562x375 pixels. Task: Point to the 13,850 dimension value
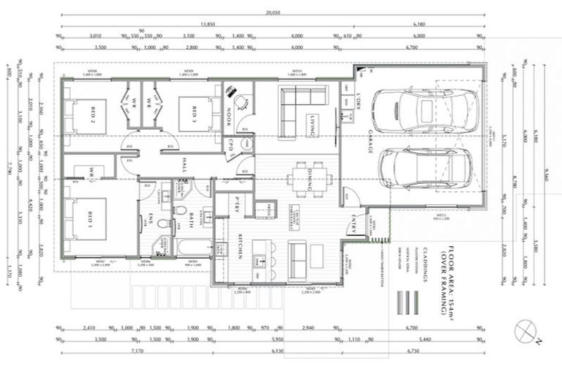click(207, 24)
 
